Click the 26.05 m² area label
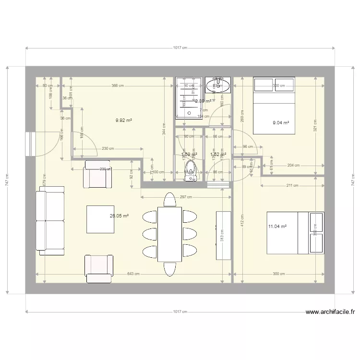click(119, 216)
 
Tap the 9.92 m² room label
click(124, 120)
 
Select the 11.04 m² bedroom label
click(277, 226)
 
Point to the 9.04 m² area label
click(281, 123)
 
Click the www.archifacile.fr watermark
click(331, 312)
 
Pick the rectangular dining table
click(169, 234)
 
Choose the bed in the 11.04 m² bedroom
click(295, 232)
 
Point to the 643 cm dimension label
click(133, 274)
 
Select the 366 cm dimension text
click(117, 86)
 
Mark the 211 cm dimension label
click(292, 185)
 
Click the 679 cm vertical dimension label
click(44, 179)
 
